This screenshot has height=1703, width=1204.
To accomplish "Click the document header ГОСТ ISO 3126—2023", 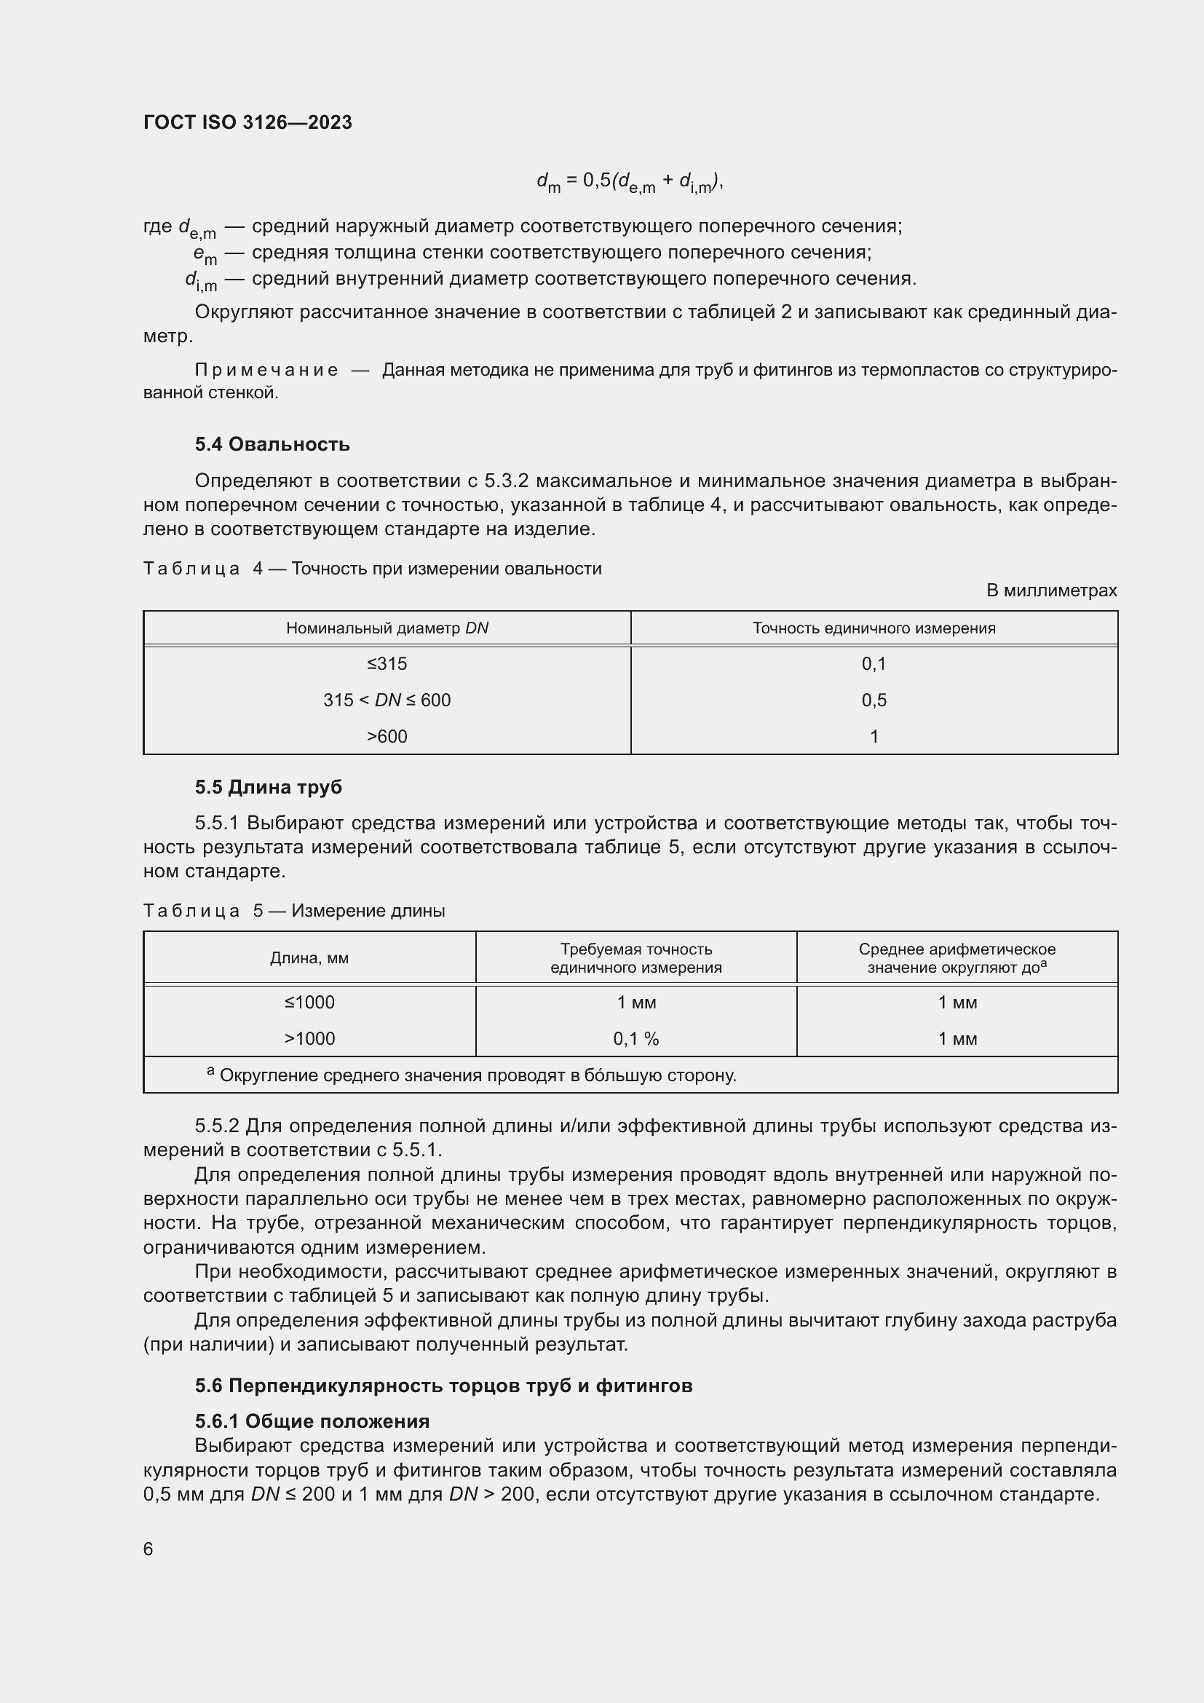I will coord(247,122).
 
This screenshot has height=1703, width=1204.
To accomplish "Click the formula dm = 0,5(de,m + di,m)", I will coord(630,182).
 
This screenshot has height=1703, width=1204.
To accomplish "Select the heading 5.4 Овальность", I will coord(272,444).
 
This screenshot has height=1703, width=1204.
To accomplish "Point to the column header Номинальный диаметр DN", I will coord(387,628).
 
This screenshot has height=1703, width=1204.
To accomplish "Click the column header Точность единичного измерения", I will coord(874,628).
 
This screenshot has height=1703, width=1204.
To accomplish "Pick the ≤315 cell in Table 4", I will coord(387,664).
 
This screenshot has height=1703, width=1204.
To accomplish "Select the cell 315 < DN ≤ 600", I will coord(387,700).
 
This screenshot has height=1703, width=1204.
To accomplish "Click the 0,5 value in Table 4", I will coord(874,700).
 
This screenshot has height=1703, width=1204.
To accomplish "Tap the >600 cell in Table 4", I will coord(387,737).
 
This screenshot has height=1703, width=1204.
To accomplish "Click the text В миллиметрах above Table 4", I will coord(1051,590).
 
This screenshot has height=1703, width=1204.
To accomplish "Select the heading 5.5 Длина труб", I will coord(269,787).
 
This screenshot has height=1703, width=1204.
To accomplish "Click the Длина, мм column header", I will coord(309,958).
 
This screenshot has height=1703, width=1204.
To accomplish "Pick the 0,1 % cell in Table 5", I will coord(636,1039).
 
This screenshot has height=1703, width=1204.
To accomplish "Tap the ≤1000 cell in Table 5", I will coord(309,1003).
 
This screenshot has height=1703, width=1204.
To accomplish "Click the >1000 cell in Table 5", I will coord(309,1039).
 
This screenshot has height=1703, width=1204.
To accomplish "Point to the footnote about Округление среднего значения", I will coord(475,1075).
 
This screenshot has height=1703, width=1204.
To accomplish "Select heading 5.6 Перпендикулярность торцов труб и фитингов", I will coord(443,1386).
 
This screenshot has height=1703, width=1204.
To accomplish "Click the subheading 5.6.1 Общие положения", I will coord(312,1421).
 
